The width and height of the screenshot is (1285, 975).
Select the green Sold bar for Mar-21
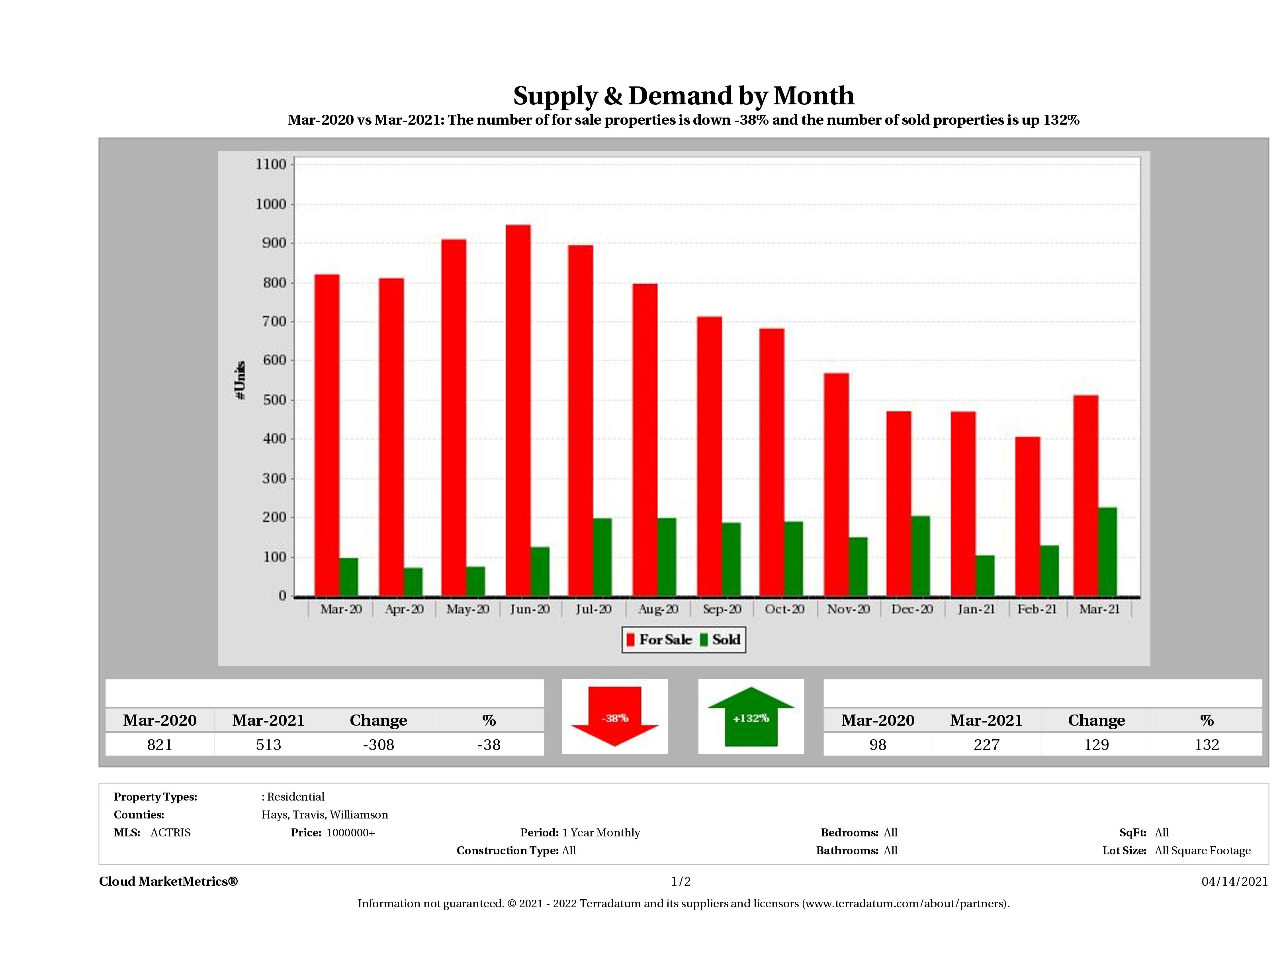[1107, 552]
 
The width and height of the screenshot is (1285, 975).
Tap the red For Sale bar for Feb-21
[1028, 517]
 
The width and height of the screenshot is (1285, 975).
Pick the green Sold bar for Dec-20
[921, 556]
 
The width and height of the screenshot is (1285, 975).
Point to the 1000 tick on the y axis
[271, 205]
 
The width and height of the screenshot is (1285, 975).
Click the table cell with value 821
[160, 744]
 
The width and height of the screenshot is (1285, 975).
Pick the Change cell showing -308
[378, 744]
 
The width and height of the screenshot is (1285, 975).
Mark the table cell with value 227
[986, 744]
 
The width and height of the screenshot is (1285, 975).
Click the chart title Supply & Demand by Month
[684, 96]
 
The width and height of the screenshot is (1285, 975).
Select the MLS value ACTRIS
[170, 833]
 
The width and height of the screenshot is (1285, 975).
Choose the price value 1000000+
[351, 833]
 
